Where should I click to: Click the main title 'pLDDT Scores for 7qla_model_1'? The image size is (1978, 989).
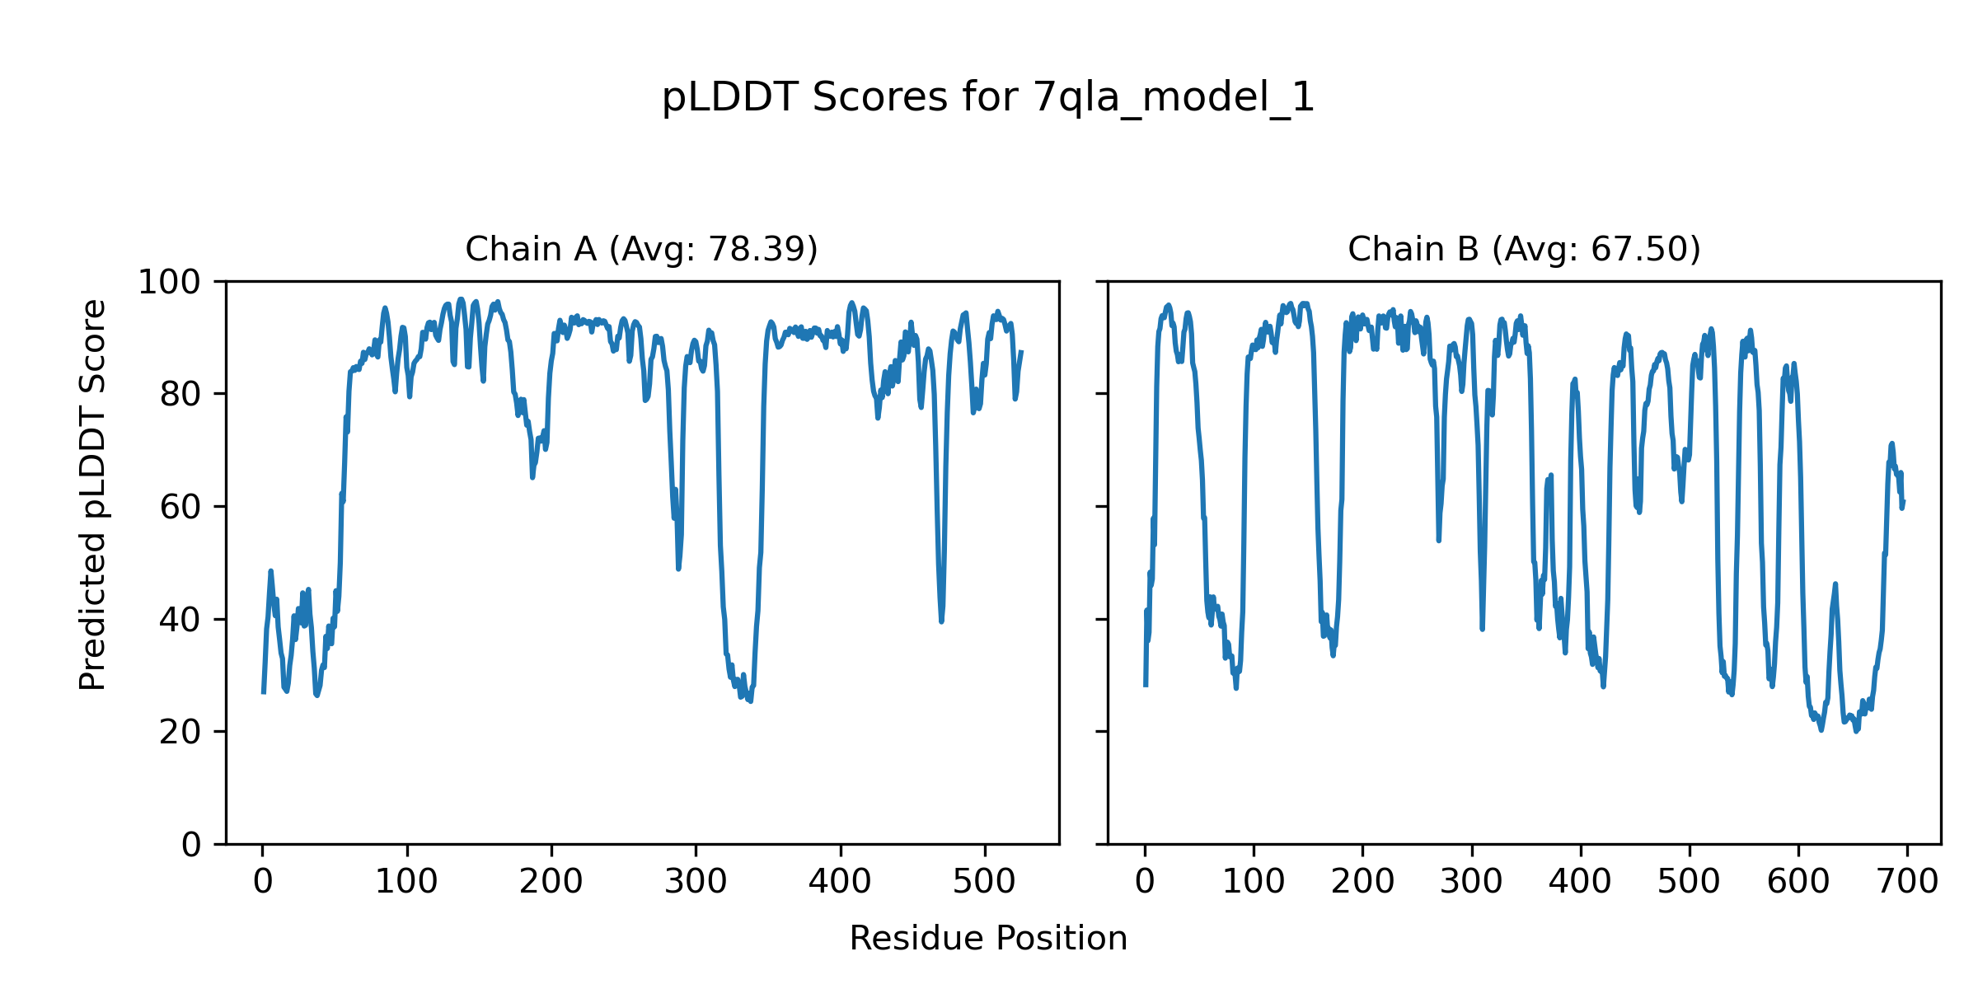pyautogui.click(x=987, y=98)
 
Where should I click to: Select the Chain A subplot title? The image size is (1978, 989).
pyautogui.click(x=641, y=249)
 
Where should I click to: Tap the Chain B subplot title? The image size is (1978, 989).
pyautogui.click(x=1524, y=249)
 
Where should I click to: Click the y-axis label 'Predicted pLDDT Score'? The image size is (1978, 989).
pyautogui.click(x=92, y=494)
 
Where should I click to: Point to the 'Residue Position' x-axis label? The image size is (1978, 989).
pyautogui.click(x=987, y=939)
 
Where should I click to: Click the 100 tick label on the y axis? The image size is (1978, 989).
pyautogui.click(x=169, y=283)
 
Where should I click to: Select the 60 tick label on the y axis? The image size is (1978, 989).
pyautogui.click(x=180, y=508)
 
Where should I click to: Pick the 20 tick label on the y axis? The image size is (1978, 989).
pyautogui.click(x=180, y=732)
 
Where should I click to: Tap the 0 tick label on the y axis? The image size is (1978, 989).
pyautogui.click(x=191, y=845)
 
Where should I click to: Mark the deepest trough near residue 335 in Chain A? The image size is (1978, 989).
pyautogui.click(x=750, y=701)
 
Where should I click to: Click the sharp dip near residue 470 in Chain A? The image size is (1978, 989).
pyautogui.click(x=941, y=621)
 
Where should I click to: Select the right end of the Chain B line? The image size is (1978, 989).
pyautogui.click(x=1903, y=502)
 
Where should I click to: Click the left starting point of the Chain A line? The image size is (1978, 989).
pyautogui.click(x=264, y=692)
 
